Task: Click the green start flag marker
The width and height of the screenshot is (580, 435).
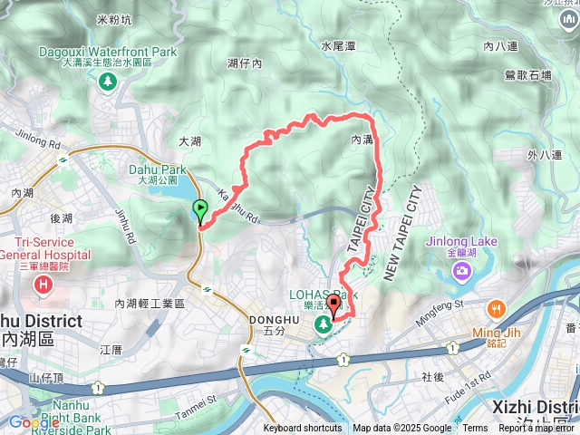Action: (200, 211)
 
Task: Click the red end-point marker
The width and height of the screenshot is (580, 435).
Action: (333, 306)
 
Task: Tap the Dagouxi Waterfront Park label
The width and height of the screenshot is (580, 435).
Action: (108, 53)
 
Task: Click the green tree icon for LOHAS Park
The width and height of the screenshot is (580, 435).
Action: (323, 324)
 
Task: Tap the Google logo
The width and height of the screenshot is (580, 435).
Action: (34, 422)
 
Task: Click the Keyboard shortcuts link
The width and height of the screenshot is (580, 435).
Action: (303, 429)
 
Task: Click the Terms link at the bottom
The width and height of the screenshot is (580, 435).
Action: (475, 429)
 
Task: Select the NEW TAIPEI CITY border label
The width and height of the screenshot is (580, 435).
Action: (403, 233)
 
